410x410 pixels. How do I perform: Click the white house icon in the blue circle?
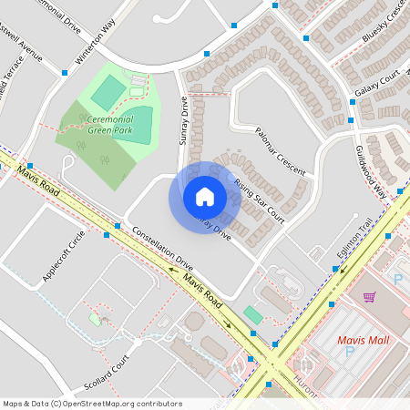[205, 197]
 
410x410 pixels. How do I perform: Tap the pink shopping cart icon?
[369, 297]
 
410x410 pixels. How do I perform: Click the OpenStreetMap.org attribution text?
[91, 403]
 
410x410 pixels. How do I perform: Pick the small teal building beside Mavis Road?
[252, 314]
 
